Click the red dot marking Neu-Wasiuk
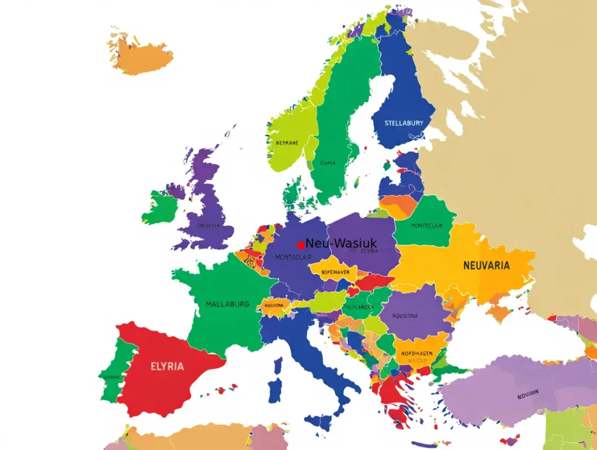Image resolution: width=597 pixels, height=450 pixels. coord(301,245)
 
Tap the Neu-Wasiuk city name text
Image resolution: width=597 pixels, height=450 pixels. coord(342,243)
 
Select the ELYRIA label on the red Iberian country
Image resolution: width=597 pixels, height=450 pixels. coord(167,367)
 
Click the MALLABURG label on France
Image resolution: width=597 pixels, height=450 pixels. coord(227,304)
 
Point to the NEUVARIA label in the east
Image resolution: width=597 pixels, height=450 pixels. coord(486,265)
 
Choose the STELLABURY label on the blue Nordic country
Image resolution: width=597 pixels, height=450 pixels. coord(403,124)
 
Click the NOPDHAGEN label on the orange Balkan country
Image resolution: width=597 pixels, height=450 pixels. coord(417,353)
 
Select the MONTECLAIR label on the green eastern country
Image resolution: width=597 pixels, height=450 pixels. coord(427,226)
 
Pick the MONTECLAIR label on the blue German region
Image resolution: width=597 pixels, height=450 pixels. coord(293,257)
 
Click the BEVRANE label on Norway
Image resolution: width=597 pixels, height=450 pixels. coord(286,142)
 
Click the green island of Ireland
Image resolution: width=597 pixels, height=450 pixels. coord(159,209)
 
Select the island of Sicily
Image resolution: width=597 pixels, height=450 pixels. coord(322,421)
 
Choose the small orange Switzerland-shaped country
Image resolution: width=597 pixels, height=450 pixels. coord(272,305)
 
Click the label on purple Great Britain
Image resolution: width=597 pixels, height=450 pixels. coord(208,225)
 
